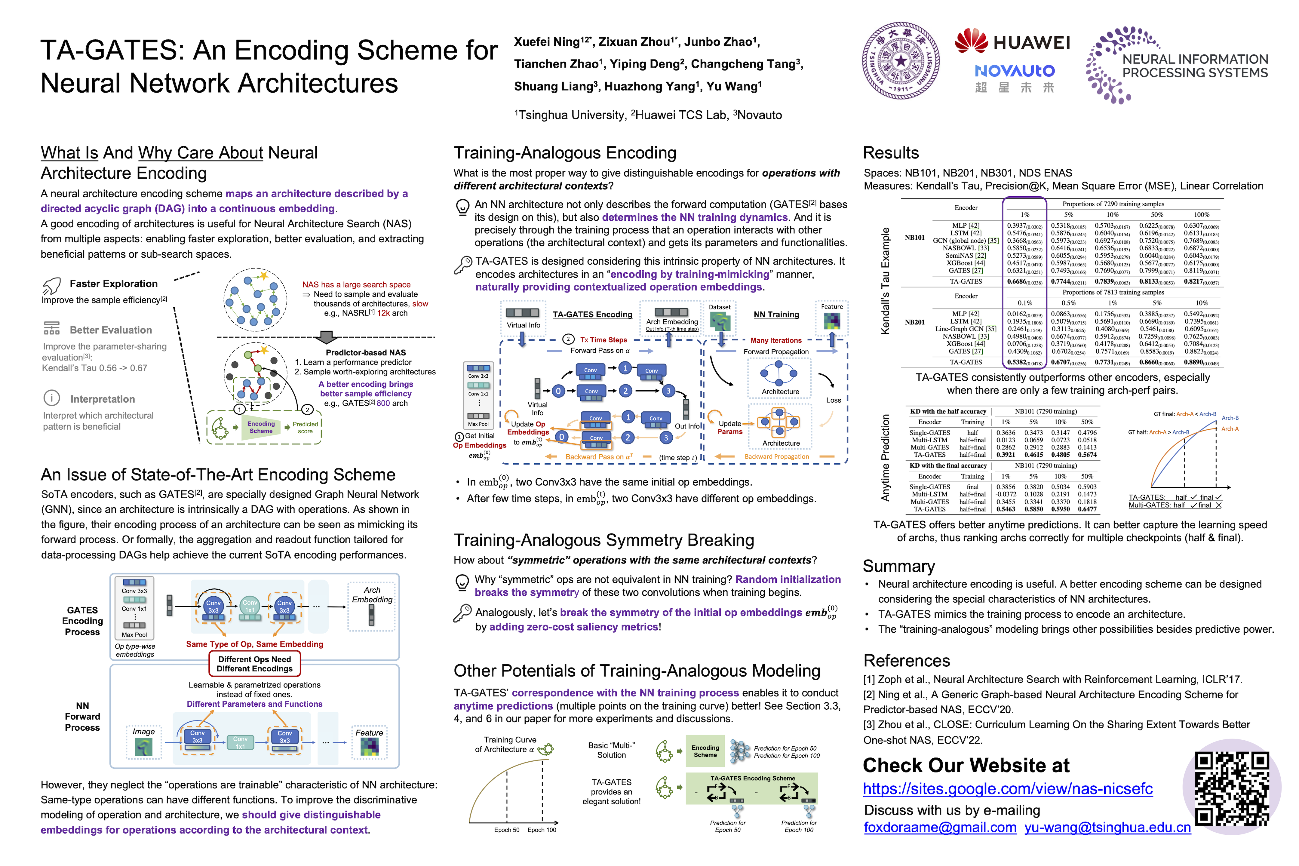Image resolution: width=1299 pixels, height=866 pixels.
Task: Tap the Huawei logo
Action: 1012,42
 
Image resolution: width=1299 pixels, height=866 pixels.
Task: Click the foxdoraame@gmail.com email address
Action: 940,827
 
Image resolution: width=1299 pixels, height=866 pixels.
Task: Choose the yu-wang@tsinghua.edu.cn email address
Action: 1107,827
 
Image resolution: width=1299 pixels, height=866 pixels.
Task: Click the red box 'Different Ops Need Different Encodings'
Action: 255,664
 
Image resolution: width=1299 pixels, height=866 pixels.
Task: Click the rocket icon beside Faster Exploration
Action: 51,286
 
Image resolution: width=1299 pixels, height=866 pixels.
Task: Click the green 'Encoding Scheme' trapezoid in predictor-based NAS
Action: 261,427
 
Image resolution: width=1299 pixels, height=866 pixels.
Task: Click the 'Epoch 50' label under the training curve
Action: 506,830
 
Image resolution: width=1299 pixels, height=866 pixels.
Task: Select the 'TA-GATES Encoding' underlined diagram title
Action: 592,315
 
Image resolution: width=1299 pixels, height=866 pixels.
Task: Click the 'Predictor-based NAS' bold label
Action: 366,352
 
